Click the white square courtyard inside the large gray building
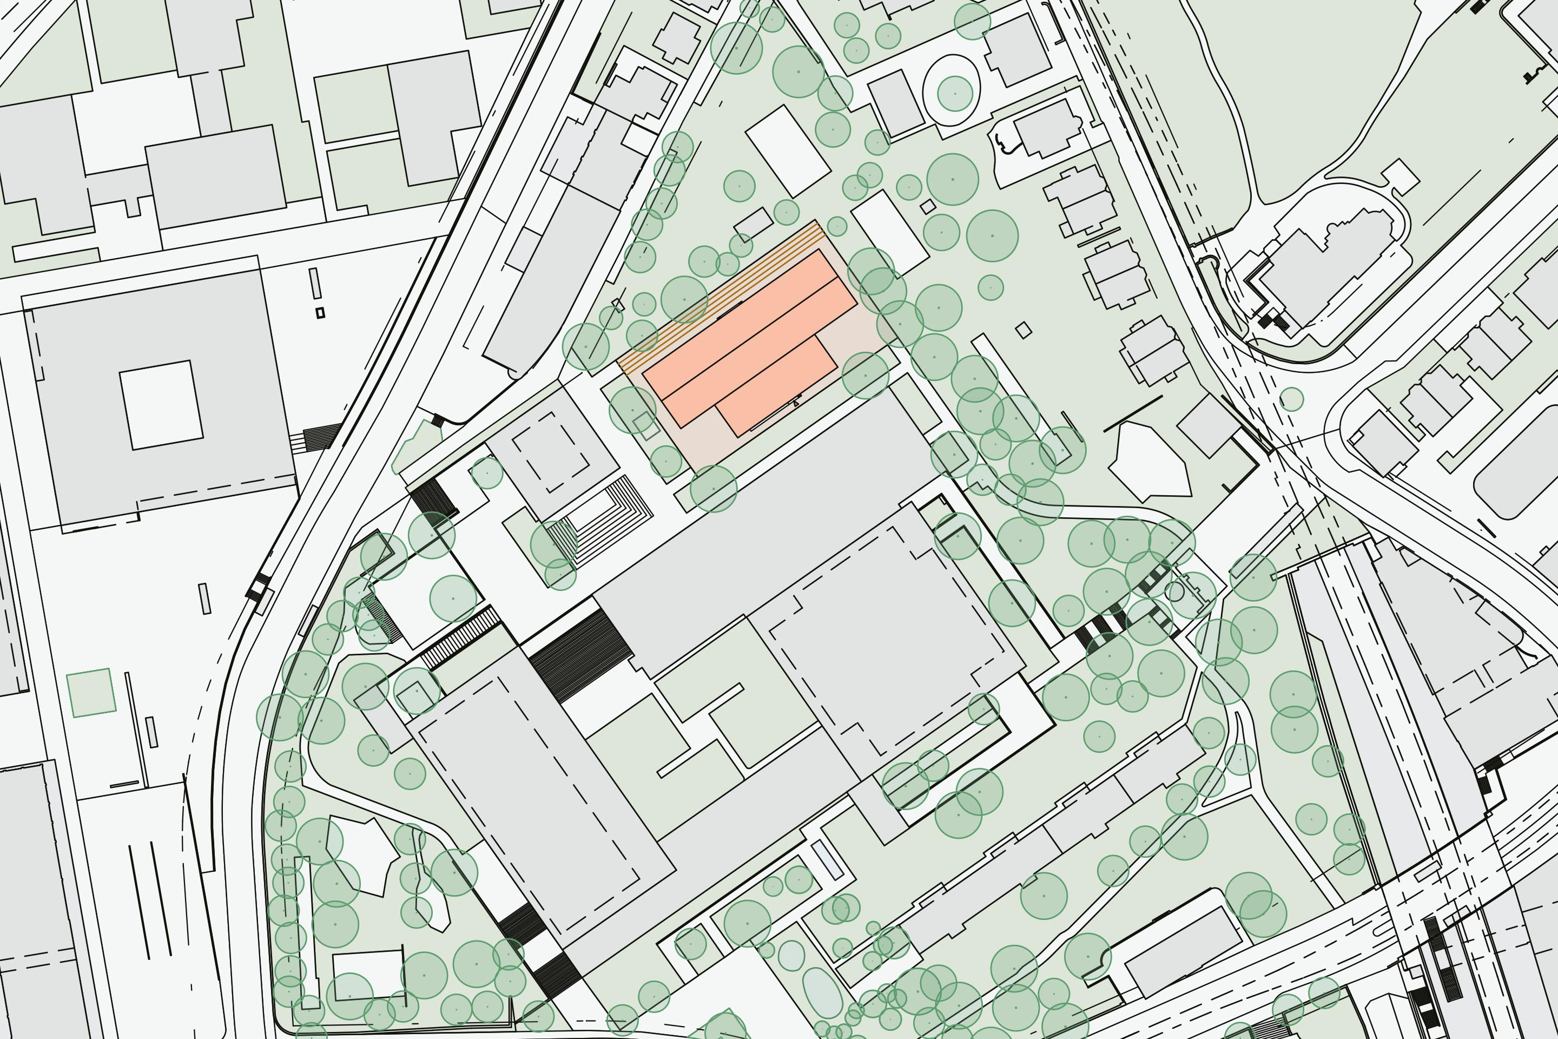click(x=161, y=405)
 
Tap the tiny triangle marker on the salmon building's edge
click(x=796, y=402)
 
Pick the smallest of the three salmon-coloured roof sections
click(x=776, y=386)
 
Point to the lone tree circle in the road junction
click(x=1291, y=399)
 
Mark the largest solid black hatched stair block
click(x=580, y=655)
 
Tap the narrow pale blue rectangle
click(x=827, y=859)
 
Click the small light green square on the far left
click(x=91, y=693)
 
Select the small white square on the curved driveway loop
click(x=1399, y=177)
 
